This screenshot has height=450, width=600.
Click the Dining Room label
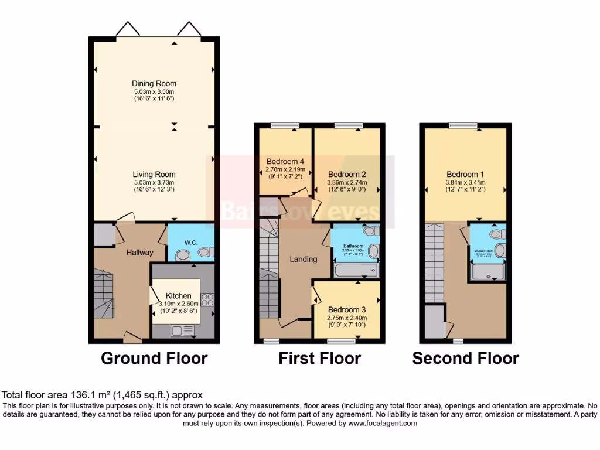(154, 84)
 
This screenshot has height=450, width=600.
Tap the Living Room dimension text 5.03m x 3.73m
(154, 182)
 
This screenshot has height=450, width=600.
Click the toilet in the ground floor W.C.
(182, 255)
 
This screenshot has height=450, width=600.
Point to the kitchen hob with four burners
(207, 300)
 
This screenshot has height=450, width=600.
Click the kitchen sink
(178, 331)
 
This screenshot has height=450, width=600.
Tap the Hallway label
(139, 253)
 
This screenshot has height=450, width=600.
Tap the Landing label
(304, 259)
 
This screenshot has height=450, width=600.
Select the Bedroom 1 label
(466, 175)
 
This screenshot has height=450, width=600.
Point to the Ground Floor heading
(154, 358)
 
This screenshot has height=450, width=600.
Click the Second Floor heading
(466, 358)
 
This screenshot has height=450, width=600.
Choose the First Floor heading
(319, 358)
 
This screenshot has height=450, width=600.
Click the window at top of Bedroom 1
(463, 125)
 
